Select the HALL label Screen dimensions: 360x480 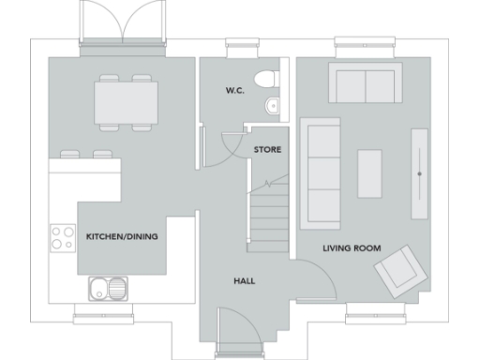tap(244, 280)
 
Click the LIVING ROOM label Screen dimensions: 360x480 tap(352, 248)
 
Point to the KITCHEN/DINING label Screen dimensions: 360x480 tap(122, 237)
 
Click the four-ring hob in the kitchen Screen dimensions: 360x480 tap(63, 237)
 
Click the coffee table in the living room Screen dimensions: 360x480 tap(369, 173)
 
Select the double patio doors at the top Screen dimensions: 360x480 tap(122, 23)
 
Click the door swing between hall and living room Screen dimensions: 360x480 tap(309, 279)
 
